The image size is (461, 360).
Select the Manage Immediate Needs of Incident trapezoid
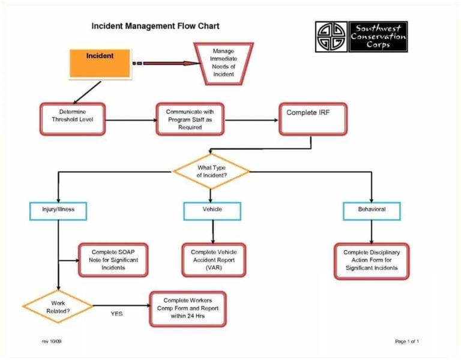pos(223,62)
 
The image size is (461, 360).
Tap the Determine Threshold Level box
pos(72,116)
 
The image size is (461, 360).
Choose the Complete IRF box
pos(312,118)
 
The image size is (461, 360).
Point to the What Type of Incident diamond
pos(211,172)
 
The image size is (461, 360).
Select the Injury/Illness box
pos(58,211)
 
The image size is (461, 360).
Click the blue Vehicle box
pos(212,211)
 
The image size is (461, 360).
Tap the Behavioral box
pos(372,211)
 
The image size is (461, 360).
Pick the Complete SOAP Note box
pos(113,260)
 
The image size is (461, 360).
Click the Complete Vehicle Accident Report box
pos(214,260)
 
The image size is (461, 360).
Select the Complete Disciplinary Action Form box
pos(372,260)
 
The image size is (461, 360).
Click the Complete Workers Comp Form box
pos(187,308)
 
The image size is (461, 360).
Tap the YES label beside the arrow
pos(118,313)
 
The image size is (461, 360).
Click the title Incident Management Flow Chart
pos(155,26)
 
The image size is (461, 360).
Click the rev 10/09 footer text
pos(52,341)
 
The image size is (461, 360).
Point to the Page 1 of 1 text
pos(406,341)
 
